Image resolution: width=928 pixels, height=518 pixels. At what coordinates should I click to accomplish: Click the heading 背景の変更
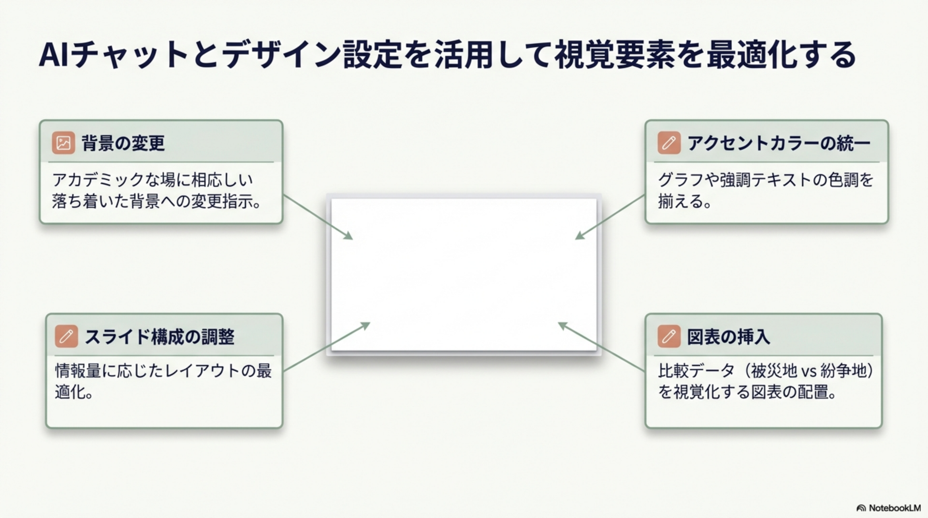tap(123, 143)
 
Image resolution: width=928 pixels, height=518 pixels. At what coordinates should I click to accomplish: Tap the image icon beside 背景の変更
tap(63, 143)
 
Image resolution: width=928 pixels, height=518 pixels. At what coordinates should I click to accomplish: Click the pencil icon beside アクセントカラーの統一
tap(669, 143)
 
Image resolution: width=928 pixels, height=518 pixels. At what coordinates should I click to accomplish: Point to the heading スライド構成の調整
tap(159, 337)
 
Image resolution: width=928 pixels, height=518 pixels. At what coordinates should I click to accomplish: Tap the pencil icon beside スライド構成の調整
tap(66, 337)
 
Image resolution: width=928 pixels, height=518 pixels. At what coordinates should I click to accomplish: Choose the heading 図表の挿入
tap(728, 337)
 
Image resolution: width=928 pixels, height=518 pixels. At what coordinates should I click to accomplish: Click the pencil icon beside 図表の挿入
tap(669, 337)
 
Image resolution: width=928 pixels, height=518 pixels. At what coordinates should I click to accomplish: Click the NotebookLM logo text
tap(895, 508)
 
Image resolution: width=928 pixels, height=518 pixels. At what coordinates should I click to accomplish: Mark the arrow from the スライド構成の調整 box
tap(326, 347)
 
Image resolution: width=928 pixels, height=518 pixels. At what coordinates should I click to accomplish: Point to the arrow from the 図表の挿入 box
tap(601, 347)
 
